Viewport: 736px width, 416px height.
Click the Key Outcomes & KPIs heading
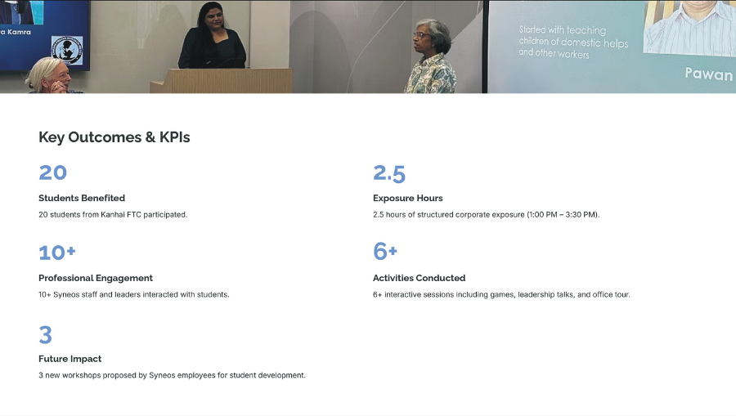[x=114, y=137]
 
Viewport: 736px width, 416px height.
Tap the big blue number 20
[x=52, y=172]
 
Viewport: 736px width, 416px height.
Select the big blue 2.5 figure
[x=389, y=173]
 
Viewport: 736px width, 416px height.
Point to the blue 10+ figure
[x=56, y=253]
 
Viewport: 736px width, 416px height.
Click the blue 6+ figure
[x=385, y=252]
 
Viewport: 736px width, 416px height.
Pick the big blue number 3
[x=45, y=335]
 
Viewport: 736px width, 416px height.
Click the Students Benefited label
[x=82, y=198]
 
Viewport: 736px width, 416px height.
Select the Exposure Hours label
[x=408, y=198]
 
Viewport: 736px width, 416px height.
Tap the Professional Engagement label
[x=96, y=278]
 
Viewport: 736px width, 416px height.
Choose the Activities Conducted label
[x=420, y=278]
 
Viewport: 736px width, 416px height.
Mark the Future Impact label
[x=70, y=359]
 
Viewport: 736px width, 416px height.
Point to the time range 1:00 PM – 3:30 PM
[x=563, y=214]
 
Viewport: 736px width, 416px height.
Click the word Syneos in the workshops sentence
[x=162, y=375]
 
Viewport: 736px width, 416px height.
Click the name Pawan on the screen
[x=709, y=74]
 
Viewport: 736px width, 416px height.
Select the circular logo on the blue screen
[x=67, y=50]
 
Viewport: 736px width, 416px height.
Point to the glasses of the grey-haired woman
[x=422, y=35]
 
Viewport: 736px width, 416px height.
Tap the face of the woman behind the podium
[x=215, y=20]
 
